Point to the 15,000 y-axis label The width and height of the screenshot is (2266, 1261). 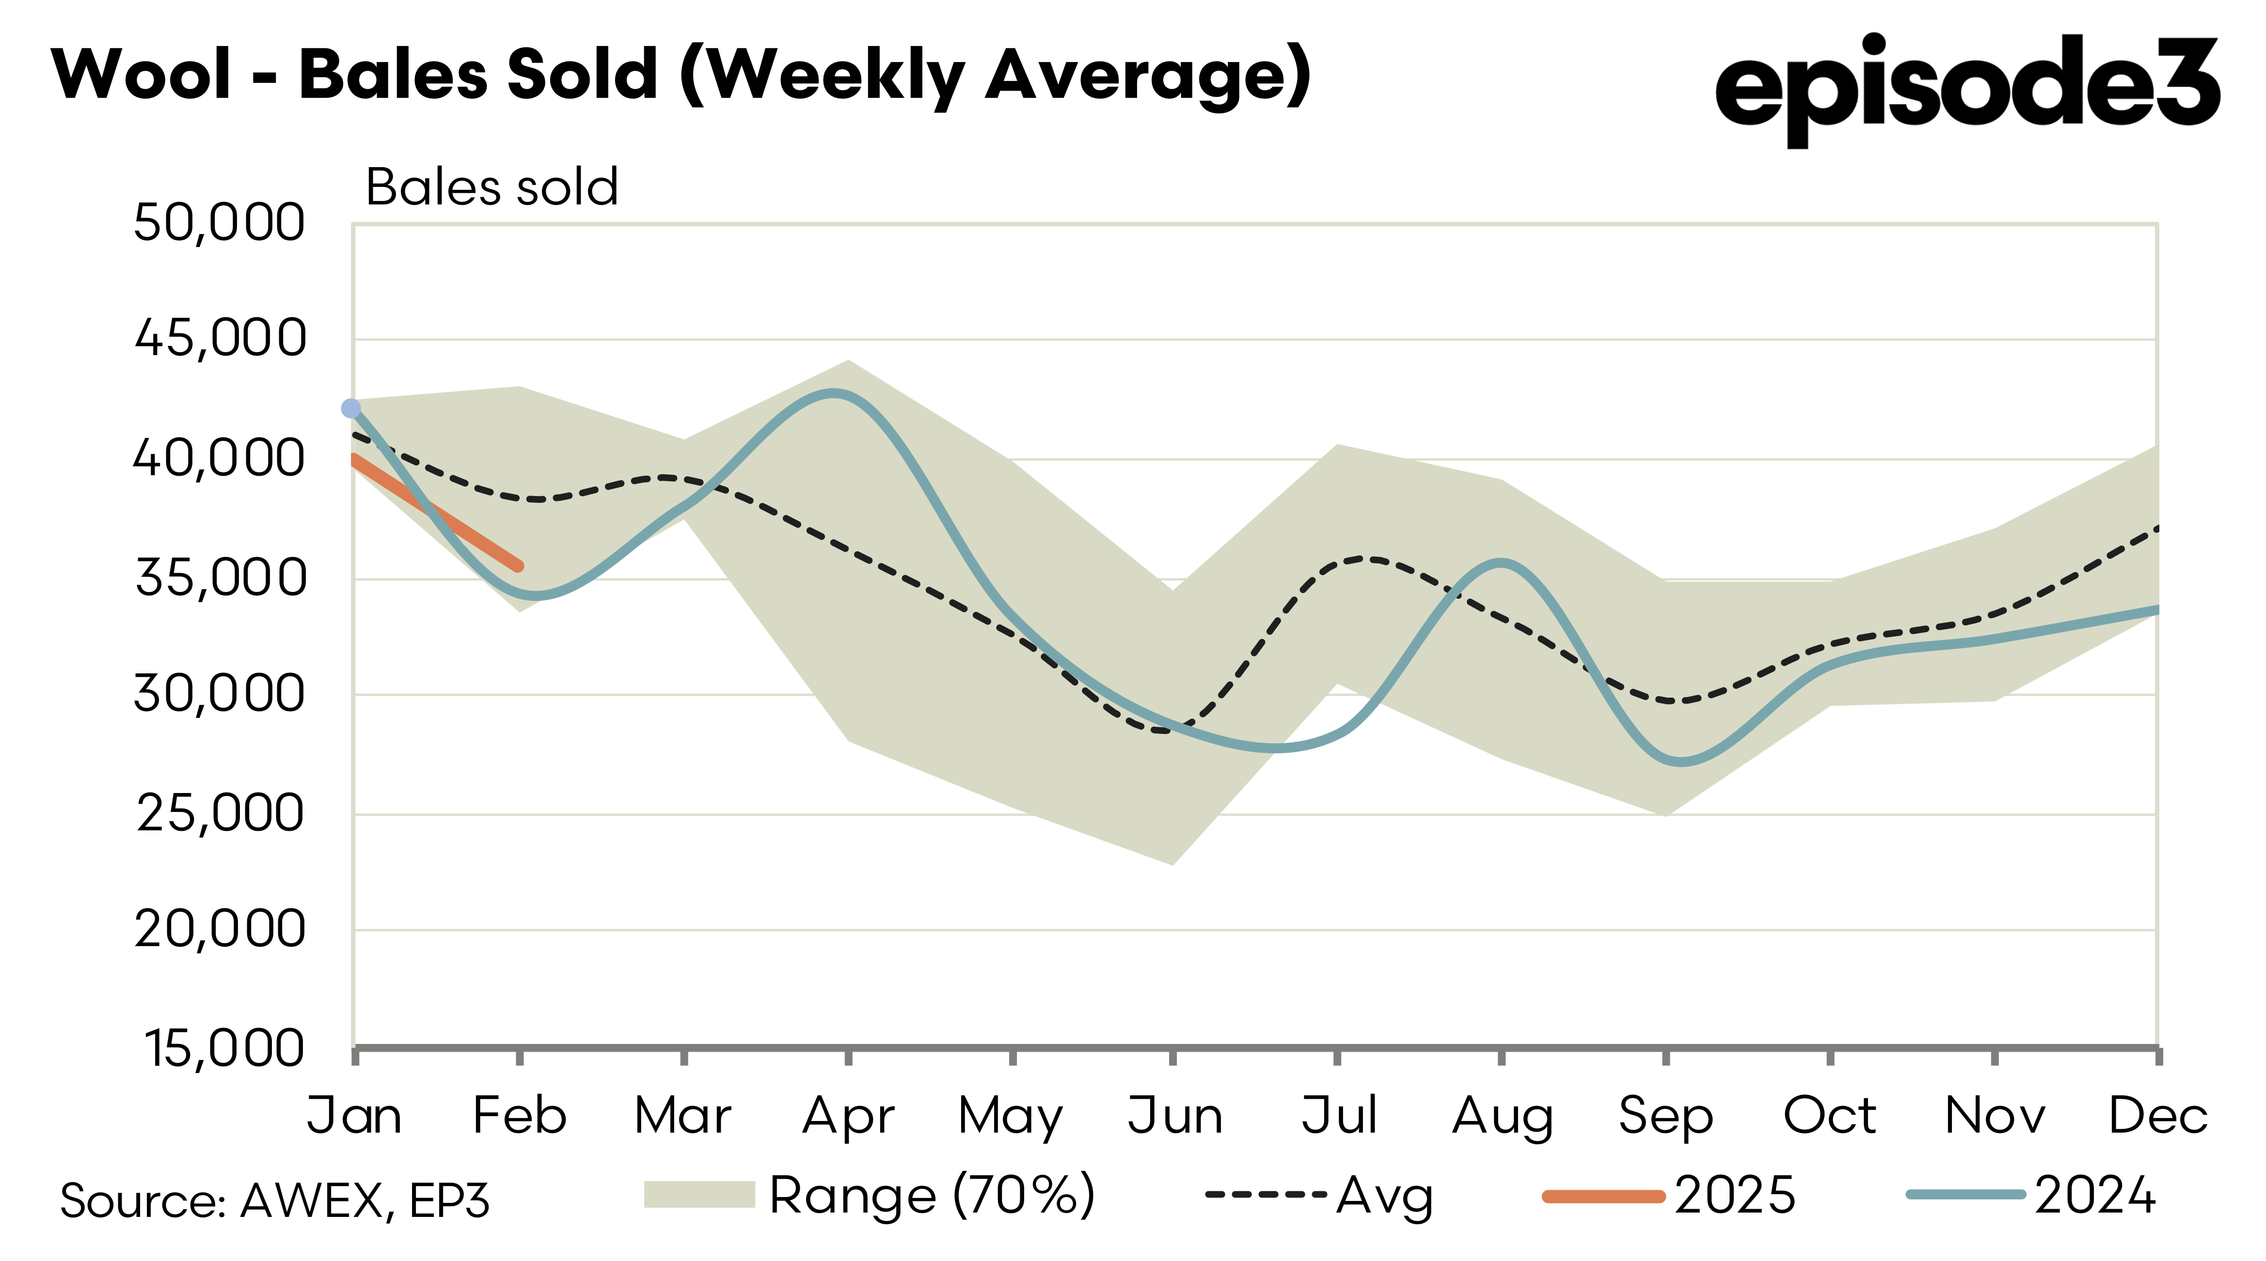point(224,1048)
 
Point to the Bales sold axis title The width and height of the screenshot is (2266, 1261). point(491,187)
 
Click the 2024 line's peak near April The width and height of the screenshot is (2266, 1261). point(832,394)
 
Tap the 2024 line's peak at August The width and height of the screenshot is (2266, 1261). point(1501,564)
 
